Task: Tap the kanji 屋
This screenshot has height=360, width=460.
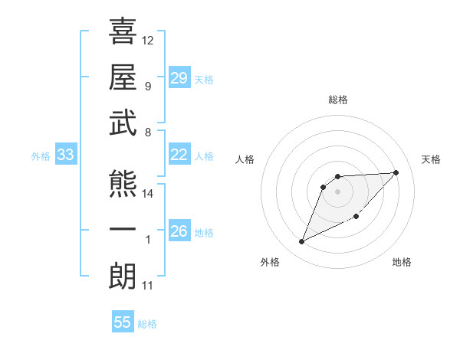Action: coord(123,77)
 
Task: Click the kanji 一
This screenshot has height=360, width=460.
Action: coord(123,231)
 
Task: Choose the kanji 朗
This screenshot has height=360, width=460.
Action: coord(123,277)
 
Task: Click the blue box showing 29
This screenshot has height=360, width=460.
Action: coord(179,78)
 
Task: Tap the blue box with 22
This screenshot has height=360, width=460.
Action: coord(179,155)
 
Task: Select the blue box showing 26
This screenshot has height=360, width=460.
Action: coord(179,231)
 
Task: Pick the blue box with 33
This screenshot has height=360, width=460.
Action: coord(66,155)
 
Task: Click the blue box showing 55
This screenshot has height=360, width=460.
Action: coord(123,322)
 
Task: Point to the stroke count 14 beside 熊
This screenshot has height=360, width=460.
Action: coord(148,194)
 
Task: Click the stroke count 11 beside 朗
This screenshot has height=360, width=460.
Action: coord(148,286)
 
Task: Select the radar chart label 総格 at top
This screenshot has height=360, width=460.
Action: coord(338,100)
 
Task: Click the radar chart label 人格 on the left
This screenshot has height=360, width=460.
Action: coord(246,159)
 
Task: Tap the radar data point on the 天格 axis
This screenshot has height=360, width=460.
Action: coord(396,172)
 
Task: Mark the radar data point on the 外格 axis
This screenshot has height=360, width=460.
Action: coord(302,242)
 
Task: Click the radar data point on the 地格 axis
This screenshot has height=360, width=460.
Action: coord(356,216)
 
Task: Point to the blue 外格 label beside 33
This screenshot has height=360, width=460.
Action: coord(40,156)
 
